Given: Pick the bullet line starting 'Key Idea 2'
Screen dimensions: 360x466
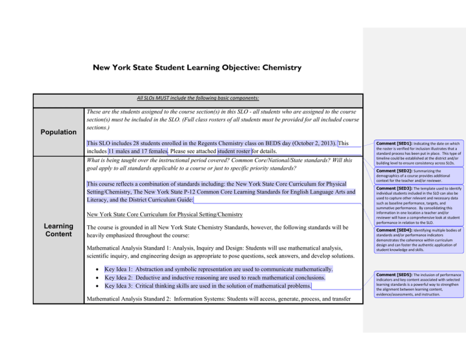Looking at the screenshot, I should [215, 277].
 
